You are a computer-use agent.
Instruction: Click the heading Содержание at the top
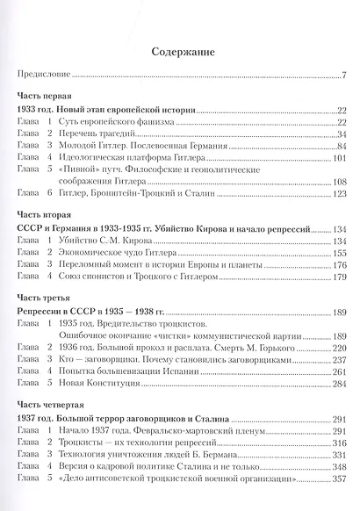point(181,52)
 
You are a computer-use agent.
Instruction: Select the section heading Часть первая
point(46,94)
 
